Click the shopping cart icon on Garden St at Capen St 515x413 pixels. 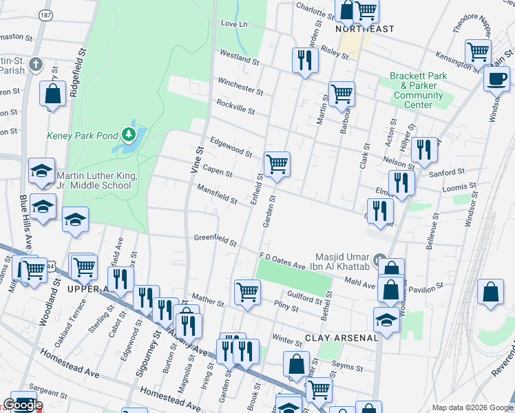click(x=277, y=165)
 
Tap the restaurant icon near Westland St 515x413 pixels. click(x=304, y=60)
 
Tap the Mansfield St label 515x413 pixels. click(x=217, y=194)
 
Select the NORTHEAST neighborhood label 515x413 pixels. click(x=365, y=29)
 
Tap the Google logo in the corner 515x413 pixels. click(x=22, y=405)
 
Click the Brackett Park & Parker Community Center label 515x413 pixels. click(x=418, y=90)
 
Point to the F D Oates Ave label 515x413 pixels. click(x=282, y=261)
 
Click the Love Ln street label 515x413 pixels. click(x=234, y=23)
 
